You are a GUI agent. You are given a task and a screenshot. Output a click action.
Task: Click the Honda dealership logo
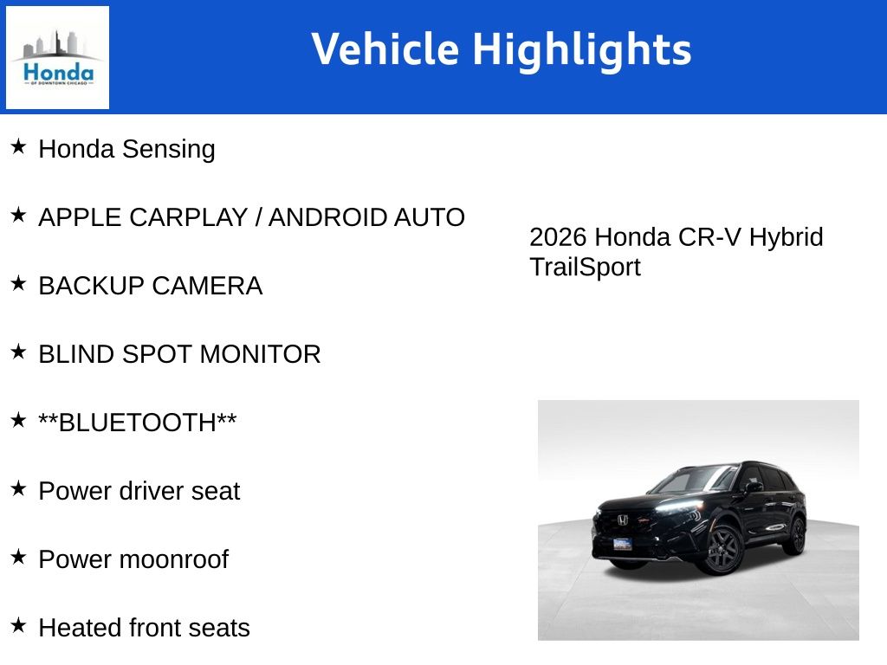coord(57,57)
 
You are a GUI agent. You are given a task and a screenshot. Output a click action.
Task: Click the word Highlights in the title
coord(581,49)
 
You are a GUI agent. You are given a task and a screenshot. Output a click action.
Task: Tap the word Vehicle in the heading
coord(384,49)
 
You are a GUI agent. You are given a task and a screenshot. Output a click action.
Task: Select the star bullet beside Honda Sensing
coord(19,146)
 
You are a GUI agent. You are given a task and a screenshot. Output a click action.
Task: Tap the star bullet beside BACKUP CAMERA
coord(19,283)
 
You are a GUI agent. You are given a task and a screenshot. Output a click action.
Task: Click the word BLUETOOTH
coord(138,423)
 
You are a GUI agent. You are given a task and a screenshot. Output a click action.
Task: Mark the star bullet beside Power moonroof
coord(19,557)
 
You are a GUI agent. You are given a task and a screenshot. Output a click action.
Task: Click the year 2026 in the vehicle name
coord(559,237)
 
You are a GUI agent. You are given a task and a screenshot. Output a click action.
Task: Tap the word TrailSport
coord(585,267)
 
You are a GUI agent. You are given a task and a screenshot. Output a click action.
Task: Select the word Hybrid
coord(786,237)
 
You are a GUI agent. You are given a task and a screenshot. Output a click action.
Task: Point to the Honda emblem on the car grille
coord(622,520)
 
